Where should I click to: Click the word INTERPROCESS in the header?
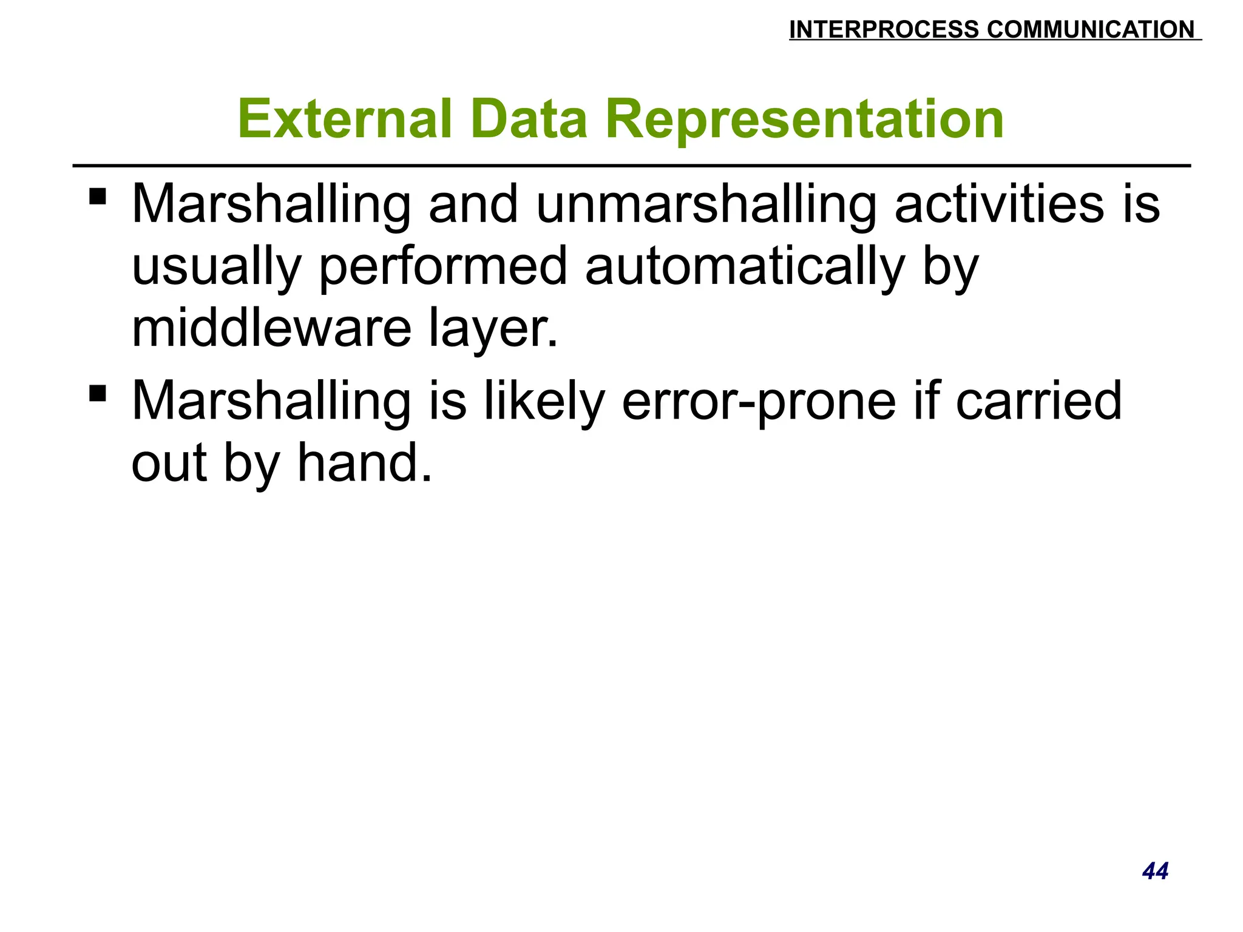pyautogui.click(x=884, y=30)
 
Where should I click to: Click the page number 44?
pyautogui.click(x=1155, y=871)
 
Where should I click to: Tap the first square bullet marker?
pyautogui.click(x=98, y=197)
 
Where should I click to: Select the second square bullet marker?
pyautogui.click(x=98, y=393)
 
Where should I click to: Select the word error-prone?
pyautogui.click(x=759, y=402)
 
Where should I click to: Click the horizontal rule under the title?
pyautogui.click(x=631, y=165)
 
